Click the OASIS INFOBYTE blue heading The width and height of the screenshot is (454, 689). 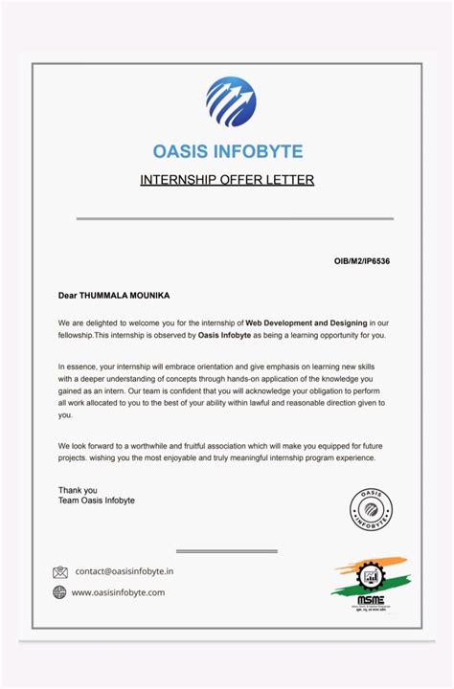227,151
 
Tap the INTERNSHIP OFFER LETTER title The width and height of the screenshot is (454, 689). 227,180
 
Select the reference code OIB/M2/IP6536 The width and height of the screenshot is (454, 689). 362,260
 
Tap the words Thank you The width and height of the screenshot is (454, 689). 77,490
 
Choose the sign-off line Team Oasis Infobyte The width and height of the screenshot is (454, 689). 96,500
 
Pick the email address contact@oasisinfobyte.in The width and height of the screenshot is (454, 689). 125,571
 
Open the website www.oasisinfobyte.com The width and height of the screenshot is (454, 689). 118,592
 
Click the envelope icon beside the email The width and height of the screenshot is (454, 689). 60,572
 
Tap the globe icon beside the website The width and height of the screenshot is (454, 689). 60,592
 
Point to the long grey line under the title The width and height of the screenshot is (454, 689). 235,219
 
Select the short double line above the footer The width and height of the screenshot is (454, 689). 227,551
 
